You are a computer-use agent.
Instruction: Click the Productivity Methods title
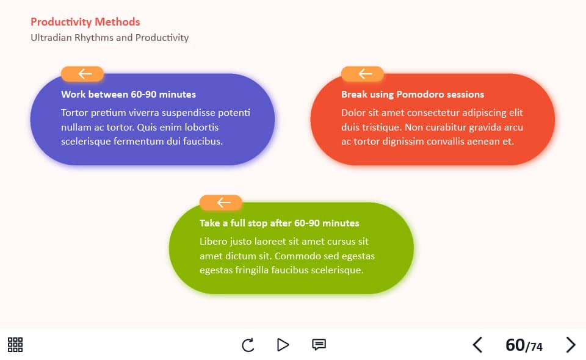pyautogui.click(x=85, y=22)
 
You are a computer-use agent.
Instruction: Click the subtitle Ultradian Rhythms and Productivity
pyautogui.click(x=109, y=38)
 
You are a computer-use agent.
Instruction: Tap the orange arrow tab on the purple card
pyautogui.click(x=82, y=74)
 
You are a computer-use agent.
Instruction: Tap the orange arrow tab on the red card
pyautogui.click(x=363, y=74)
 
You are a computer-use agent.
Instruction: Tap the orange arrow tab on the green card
pyautogui.click(x=221, y=203)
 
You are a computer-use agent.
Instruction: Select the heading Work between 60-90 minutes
pyautogui.click(x=129, y=94)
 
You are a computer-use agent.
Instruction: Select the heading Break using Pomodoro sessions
pyautogui.click(x=413, y=94)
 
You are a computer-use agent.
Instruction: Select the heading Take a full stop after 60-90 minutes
pyautogui.click(x=280, y=223)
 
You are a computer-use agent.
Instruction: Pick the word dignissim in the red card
pyautogui.click(x=403, y=142)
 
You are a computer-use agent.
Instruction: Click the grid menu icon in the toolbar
pyautogui.click(x=15, y=345)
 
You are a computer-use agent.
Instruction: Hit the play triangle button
pyautogui.click(x=283, y=345)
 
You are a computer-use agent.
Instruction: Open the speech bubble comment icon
pyautogui.click(x=319, y=344)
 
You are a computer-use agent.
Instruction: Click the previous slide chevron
pyautogui.click(x=477, y=345)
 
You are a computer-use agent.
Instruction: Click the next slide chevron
pyautogui.click(x=570, y=345)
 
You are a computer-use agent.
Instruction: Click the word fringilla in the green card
pyautogui.click(x=252, y=270)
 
